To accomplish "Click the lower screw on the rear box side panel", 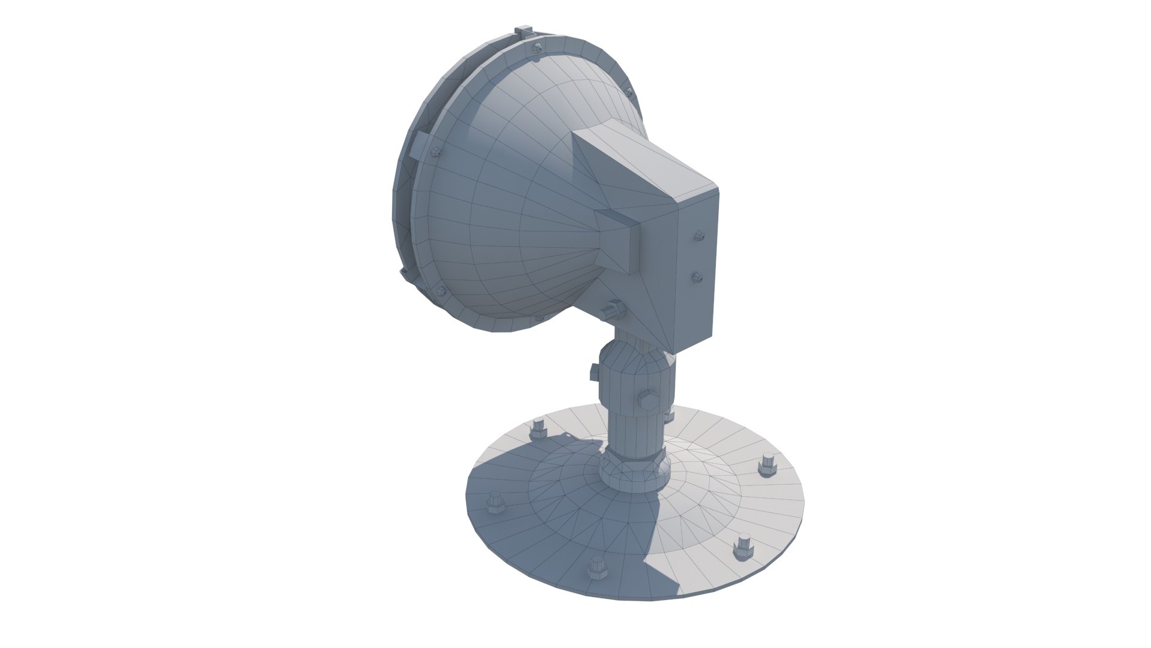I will pyautogui.click(x=697, y=277).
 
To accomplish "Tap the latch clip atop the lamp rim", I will pyautogui.click(x=523, y=31).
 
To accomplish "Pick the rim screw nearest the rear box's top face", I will pyautogui.click(x=629, y=92).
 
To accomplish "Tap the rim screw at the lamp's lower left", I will pyautogui.click(x=442, y=292).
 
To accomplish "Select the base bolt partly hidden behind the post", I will pyautogui.click(x=668, y=415).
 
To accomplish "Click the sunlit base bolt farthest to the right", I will pyautogui.click(x=767, y=466).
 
